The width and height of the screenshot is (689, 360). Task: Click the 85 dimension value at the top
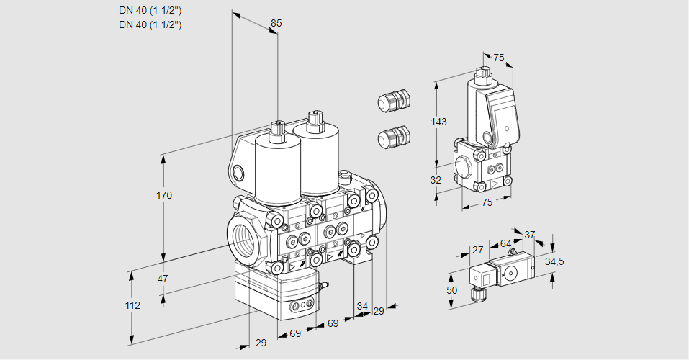click(x=276, y=23)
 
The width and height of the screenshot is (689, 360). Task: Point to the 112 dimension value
click(x=132, y=306)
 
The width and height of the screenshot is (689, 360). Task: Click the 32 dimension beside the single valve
click(x=435, y=180)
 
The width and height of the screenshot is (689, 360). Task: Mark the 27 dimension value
click(x=477, y=250)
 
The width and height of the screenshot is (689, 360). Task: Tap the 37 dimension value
click(x=529, y=235)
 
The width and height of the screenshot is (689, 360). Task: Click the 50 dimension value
click(x=451, y=289)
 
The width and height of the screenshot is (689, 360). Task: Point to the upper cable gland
click(x=392, y=100)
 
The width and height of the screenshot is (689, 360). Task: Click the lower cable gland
click(x=392, y=136)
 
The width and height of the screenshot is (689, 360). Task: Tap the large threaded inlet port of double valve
click(x=243, y=235)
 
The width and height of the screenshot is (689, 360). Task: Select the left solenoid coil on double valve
click(x=277, y=167)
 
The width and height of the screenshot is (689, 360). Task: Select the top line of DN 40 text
click(x=150, y=10)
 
